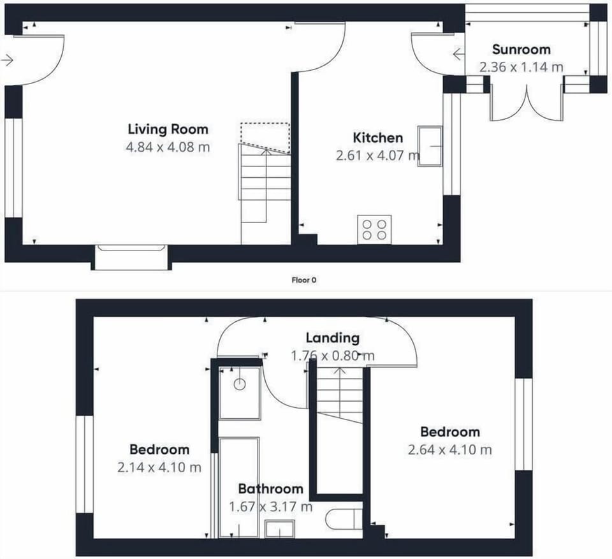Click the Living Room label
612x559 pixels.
pyautogui.click(x=168, y=129)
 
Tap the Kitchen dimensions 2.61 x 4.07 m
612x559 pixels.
pyautogui.click(x=378, y=156)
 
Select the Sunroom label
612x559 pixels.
pyautogui.click(x=521, y=50)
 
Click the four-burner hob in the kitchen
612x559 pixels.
pyautogui.click(x=374, y=229)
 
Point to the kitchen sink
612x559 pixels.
pyautogui.click(x=430, y=147)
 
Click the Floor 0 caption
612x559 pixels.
pyautogui.click(x=304, y=280)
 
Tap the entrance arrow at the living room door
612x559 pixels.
pyautogui.click(x=8, y=60)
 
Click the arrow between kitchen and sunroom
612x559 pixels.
pyautogui.click(x=458, y=54)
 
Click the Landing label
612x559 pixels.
pyautogui.click(x=333, y=338)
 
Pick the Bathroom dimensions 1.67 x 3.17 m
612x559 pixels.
pyautogui.click(x=270, y=507)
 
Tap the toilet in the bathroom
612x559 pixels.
pyautogui.click(x=344, y=519)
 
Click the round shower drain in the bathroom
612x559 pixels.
pyautogui.click(x=240, y=384)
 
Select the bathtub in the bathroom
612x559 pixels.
pyautogui.click(x=239, y=487)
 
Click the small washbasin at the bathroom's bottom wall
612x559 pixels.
pyautogui.click(x=279, y=529)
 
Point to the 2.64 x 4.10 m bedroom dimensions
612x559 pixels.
pyautogui.click(x=449, y=450)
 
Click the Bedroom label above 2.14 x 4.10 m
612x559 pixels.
pyautogui.click(x=159, y=449)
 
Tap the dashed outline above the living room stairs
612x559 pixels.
pyautogui.click(x=265, y=137)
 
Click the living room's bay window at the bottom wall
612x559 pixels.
pyautogui.click(x=131, y=258)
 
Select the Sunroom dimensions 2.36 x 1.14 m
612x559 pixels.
pyautogui.click(x=521, y=67)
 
